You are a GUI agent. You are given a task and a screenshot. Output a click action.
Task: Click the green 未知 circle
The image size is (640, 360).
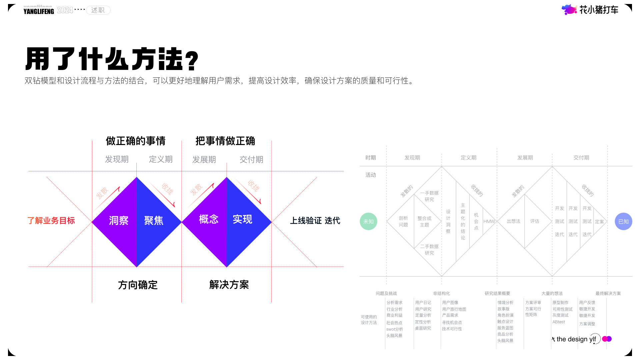coord(368,221)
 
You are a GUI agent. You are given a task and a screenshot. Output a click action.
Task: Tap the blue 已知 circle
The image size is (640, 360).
coord(623,221)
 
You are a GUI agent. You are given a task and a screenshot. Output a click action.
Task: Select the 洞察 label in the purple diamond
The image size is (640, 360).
coord(119,220)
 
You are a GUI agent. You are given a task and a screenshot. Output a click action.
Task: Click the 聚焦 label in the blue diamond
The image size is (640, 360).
coord(154,220)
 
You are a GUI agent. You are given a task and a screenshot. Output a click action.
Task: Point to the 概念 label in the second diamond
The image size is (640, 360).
coord(209,219)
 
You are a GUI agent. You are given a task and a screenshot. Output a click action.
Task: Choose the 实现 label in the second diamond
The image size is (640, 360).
coord(243,219)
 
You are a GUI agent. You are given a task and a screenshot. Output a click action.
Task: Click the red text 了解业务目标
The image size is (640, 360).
coord(51,221)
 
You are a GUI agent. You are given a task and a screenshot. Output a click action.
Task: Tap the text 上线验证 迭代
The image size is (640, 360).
coord(315,221)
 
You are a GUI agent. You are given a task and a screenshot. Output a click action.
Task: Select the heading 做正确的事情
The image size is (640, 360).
coord(136,141)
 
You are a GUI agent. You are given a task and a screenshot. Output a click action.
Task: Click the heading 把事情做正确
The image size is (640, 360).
coord(225,141)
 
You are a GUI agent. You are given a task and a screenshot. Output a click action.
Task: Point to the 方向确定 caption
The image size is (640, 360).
coord(138,285)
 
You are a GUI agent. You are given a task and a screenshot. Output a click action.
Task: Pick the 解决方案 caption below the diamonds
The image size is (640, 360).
coord(229,285)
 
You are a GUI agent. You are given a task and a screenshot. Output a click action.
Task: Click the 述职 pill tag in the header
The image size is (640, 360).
coord(98,10)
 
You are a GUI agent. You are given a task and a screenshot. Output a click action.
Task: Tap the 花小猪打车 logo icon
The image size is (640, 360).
coord(569,10)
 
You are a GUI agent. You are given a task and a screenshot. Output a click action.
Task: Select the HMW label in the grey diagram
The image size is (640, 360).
coord(489,221)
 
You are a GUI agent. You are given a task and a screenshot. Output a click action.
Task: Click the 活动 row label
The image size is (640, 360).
coord(371,175)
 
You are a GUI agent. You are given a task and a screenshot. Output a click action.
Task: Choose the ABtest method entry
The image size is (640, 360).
coord(559,322)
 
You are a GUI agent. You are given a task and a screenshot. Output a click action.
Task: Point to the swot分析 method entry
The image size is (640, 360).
coord(395,329)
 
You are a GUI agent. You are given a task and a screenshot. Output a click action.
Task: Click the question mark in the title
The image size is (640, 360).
coord(192,61)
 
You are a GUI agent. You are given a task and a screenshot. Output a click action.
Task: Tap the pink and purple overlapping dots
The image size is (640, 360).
coord(607,339)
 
